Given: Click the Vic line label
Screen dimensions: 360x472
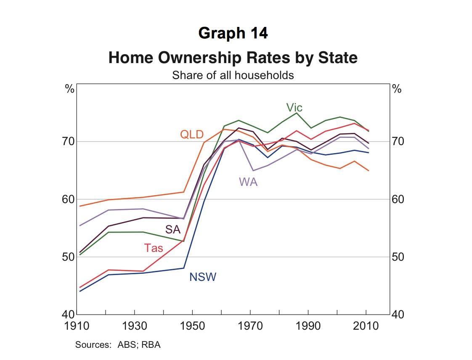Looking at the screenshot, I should pos(294,108).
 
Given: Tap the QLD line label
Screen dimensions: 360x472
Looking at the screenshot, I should pos(192,135).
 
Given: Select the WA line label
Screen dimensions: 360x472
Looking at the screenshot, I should pos(248,182).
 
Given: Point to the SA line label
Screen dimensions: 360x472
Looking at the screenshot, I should pos(172,229).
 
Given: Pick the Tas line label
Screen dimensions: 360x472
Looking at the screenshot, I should pos(154,248).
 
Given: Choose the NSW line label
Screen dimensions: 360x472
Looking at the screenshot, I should pos(203,277).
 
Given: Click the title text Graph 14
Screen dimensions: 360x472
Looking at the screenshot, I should pos(233,33).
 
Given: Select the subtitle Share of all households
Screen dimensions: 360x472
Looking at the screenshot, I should pos(233,76).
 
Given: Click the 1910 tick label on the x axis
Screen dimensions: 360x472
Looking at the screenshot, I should pos(77,326).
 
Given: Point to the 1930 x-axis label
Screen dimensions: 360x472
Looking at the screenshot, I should pos(134,326).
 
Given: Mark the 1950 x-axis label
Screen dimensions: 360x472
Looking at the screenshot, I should pos(192,326).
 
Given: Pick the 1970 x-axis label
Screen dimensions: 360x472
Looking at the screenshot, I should pos(250,326).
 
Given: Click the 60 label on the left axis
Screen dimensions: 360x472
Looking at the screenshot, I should pos(69,199).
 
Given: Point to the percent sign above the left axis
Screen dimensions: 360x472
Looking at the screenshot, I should pos(69,89).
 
